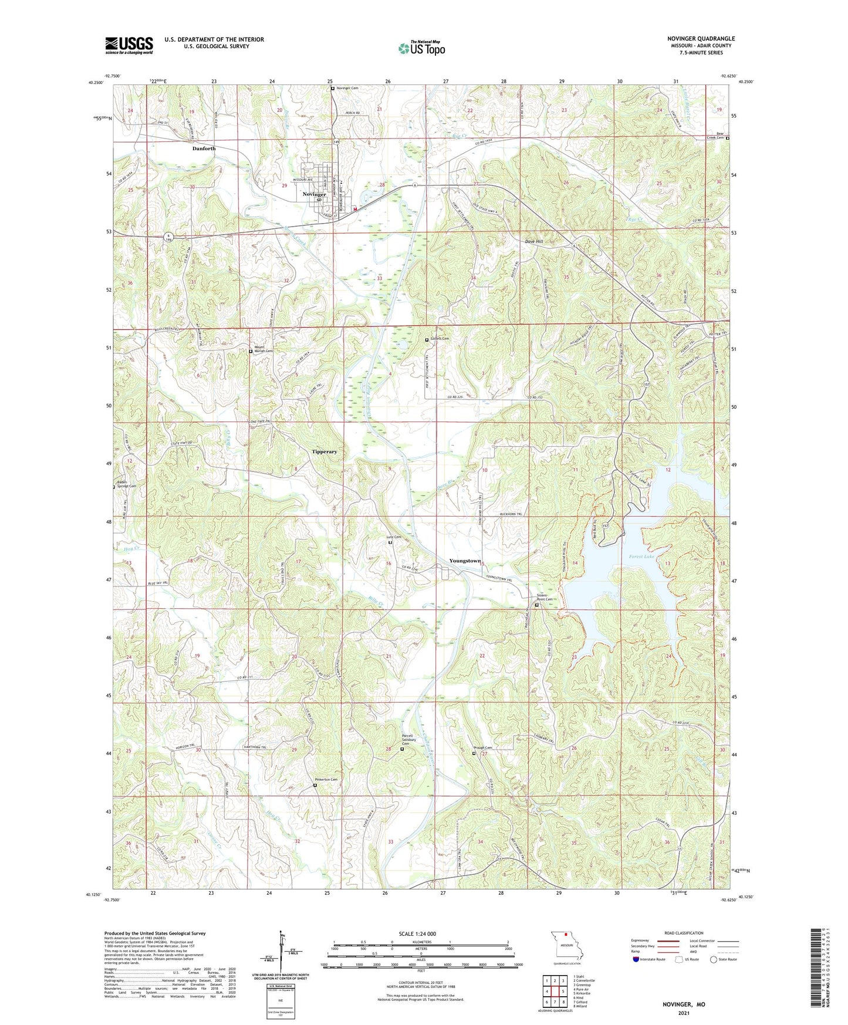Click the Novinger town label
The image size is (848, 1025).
click(x=314, y=194)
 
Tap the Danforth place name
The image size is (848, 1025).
click(x=204, y=149)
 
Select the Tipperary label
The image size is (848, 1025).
click(x=325, y=451)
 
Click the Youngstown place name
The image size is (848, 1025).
click(x=465, y=561)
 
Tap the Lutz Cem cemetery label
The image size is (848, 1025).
click(x=393, y=537)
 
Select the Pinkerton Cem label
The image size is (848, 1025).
click(x=326, y=780)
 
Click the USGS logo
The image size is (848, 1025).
click(x=129, y=45)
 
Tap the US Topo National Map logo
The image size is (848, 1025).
click(x=421, y=48)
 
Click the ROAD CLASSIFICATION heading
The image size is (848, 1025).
click(x=684, y=933)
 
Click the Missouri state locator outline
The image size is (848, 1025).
click(x=566, y=946)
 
